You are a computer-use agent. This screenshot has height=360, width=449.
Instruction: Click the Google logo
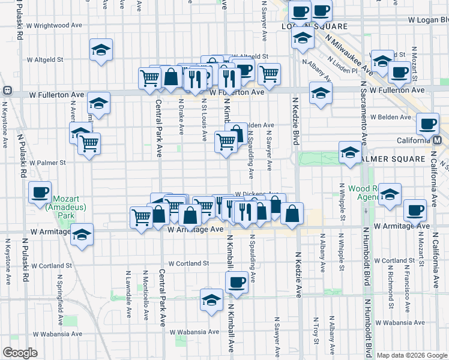click(x=20, y=353)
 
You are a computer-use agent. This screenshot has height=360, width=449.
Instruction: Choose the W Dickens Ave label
click(x=256, y=194)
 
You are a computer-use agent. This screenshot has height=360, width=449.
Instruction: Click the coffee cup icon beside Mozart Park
click(x=40, y=193)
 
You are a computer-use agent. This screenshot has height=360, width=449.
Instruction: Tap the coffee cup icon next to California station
click(x=427, y=124)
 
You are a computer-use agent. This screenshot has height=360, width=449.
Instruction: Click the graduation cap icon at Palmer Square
click(x=350, y=153)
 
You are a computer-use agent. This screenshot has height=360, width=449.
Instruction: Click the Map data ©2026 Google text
click(x=412, y=355)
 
